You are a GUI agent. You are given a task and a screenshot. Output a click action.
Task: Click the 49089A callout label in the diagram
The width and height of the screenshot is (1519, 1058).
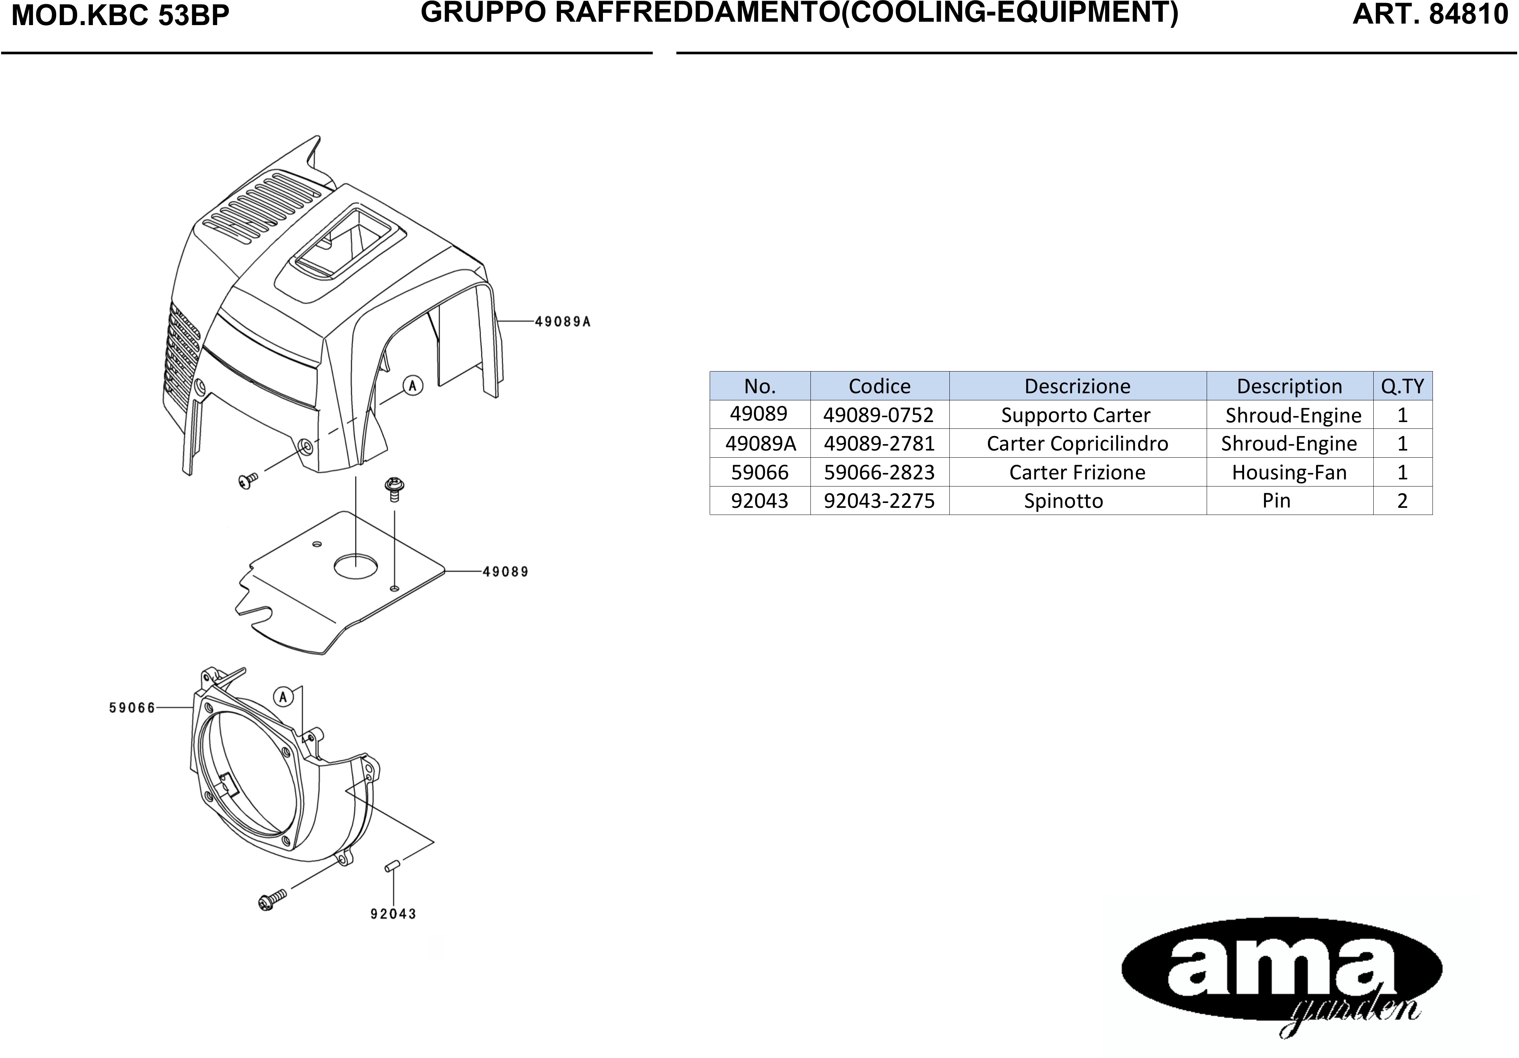563,322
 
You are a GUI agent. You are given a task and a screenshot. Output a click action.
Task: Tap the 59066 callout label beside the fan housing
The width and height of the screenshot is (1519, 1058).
132,708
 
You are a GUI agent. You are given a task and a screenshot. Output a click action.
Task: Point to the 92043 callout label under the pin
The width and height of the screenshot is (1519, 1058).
393,915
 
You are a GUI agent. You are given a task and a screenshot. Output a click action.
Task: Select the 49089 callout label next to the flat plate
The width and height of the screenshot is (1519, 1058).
506,572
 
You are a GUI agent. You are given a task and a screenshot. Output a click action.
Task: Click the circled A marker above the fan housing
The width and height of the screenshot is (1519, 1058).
283,697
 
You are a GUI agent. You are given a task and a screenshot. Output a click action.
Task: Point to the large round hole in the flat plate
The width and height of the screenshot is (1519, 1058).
356,566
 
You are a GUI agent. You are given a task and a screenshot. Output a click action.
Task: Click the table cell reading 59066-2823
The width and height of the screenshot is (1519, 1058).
879,472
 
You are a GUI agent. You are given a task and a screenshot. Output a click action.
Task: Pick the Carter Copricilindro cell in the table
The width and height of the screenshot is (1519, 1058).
1078,443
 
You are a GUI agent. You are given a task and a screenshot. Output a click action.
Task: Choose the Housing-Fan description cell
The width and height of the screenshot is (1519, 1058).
1289,472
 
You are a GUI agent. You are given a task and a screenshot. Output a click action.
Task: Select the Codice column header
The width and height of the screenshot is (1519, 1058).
879,386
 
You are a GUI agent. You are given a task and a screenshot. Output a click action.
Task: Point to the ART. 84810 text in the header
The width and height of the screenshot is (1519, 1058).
1430,15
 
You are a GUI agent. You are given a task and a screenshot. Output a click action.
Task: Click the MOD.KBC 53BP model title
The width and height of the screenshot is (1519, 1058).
121,16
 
